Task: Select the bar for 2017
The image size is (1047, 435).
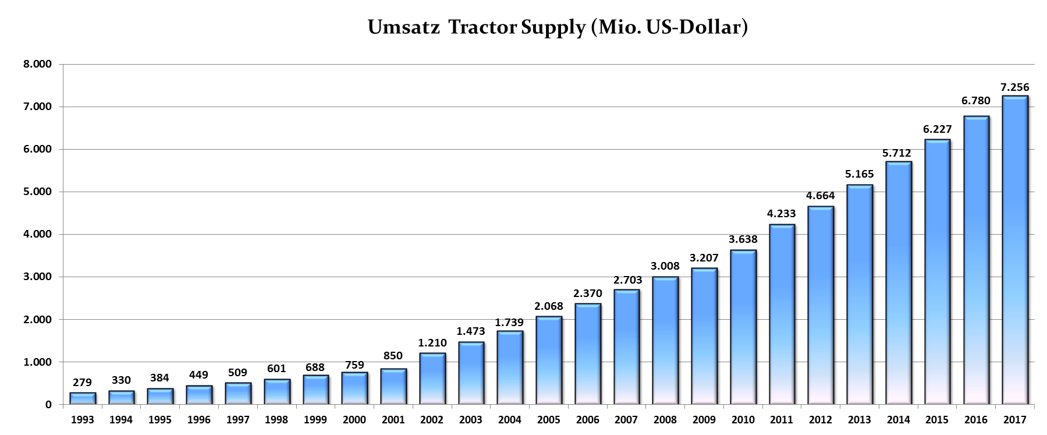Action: (1014, 250)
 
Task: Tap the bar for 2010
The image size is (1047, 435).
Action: (743, 327)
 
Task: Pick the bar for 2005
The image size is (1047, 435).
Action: (549, 360)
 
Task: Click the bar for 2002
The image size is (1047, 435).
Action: (432, 379)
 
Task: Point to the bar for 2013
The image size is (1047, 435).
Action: (859, 295)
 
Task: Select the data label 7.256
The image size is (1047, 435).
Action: (1014, 87)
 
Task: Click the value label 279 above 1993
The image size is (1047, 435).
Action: (83, 383)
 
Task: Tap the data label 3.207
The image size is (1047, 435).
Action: (704, 257)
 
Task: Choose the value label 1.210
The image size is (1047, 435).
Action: (432, 343)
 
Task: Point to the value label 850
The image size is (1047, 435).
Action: (393, 356)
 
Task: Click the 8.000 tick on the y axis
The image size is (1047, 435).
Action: (38, 64)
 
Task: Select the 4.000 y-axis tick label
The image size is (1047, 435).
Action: (38, 234)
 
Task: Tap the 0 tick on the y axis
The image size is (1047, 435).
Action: (48, 405)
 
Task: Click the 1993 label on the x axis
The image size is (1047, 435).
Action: (83, 420)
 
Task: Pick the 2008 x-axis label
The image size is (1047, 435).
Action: (665, 420)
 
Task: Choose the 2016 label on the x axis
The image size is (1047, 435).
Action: (976, 420)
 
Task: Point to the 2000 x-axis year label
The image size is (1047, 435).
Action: (354, 420)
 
